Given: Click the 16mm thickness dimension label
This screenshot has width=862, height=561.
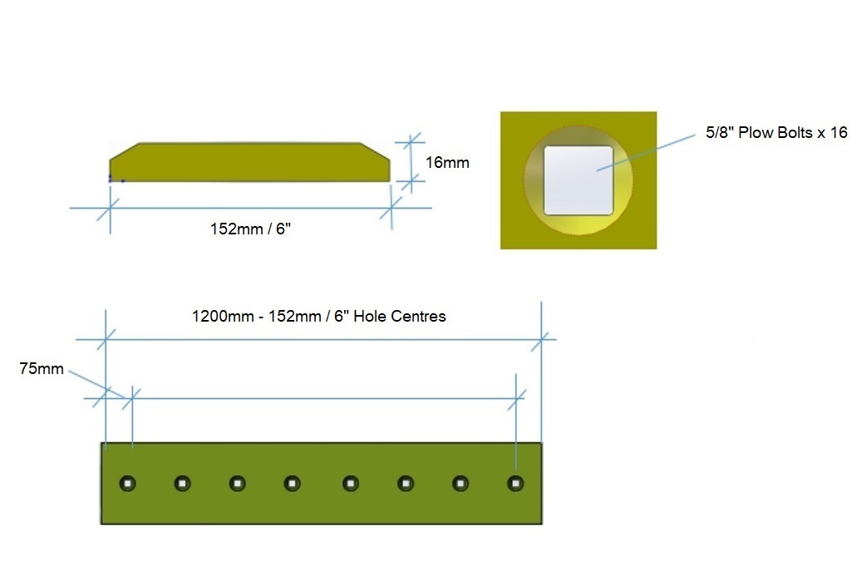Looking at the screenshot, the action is click(447, 163).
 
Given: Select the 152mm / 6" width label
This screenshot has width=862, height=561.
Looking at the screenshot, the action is click(250, 229).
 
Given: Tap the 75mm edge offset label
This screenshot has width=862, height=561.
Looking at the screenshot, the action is click(42, 368).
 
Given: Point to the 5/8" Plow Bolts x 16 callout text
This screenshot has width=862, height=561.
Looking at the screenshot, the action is click(776, 132).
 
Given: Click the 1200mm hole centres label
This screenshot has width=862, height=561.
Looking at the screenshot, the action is click(319, 316).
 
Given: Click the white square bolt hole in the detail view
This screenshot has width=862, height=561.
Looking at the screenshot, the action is click(579, 180).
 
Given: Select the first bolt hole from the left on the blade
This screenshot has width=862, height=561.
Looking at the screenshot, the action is click(127, 484).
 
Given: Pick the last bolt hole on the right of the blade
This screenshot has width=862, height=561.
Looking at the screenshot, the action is click(515, 484).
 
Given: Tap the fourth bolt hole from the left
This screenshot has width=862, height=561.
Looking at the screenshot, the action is click(292, 484).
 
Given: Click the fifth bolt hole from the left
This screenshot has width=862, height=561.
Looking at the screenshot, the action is click(350, 484).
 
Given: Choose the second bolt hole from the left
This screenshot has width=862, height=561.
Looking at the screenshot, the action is click(182, 484).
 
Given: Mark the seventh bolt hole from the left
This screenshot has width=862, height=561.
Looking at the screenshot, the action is click(461, 484).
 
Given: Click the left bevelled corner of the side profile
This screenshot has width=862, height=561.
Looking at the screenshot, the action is click(124, 151).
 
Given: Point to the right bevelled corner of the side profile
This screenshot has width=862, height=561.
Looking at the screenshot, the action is click(376, 151).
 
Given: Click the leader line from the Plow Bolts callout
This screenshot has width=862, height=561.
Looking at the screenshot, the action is click(646, 153).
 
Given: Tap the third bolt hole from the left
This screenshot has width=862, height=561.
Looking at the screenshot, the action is click(237, 484).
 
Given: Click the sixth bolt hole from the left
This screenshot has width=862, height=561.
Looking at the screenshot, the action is click(405, 484).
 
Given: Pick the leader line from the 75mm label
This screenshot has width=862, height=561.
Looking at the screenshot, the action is click(96, 384).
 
